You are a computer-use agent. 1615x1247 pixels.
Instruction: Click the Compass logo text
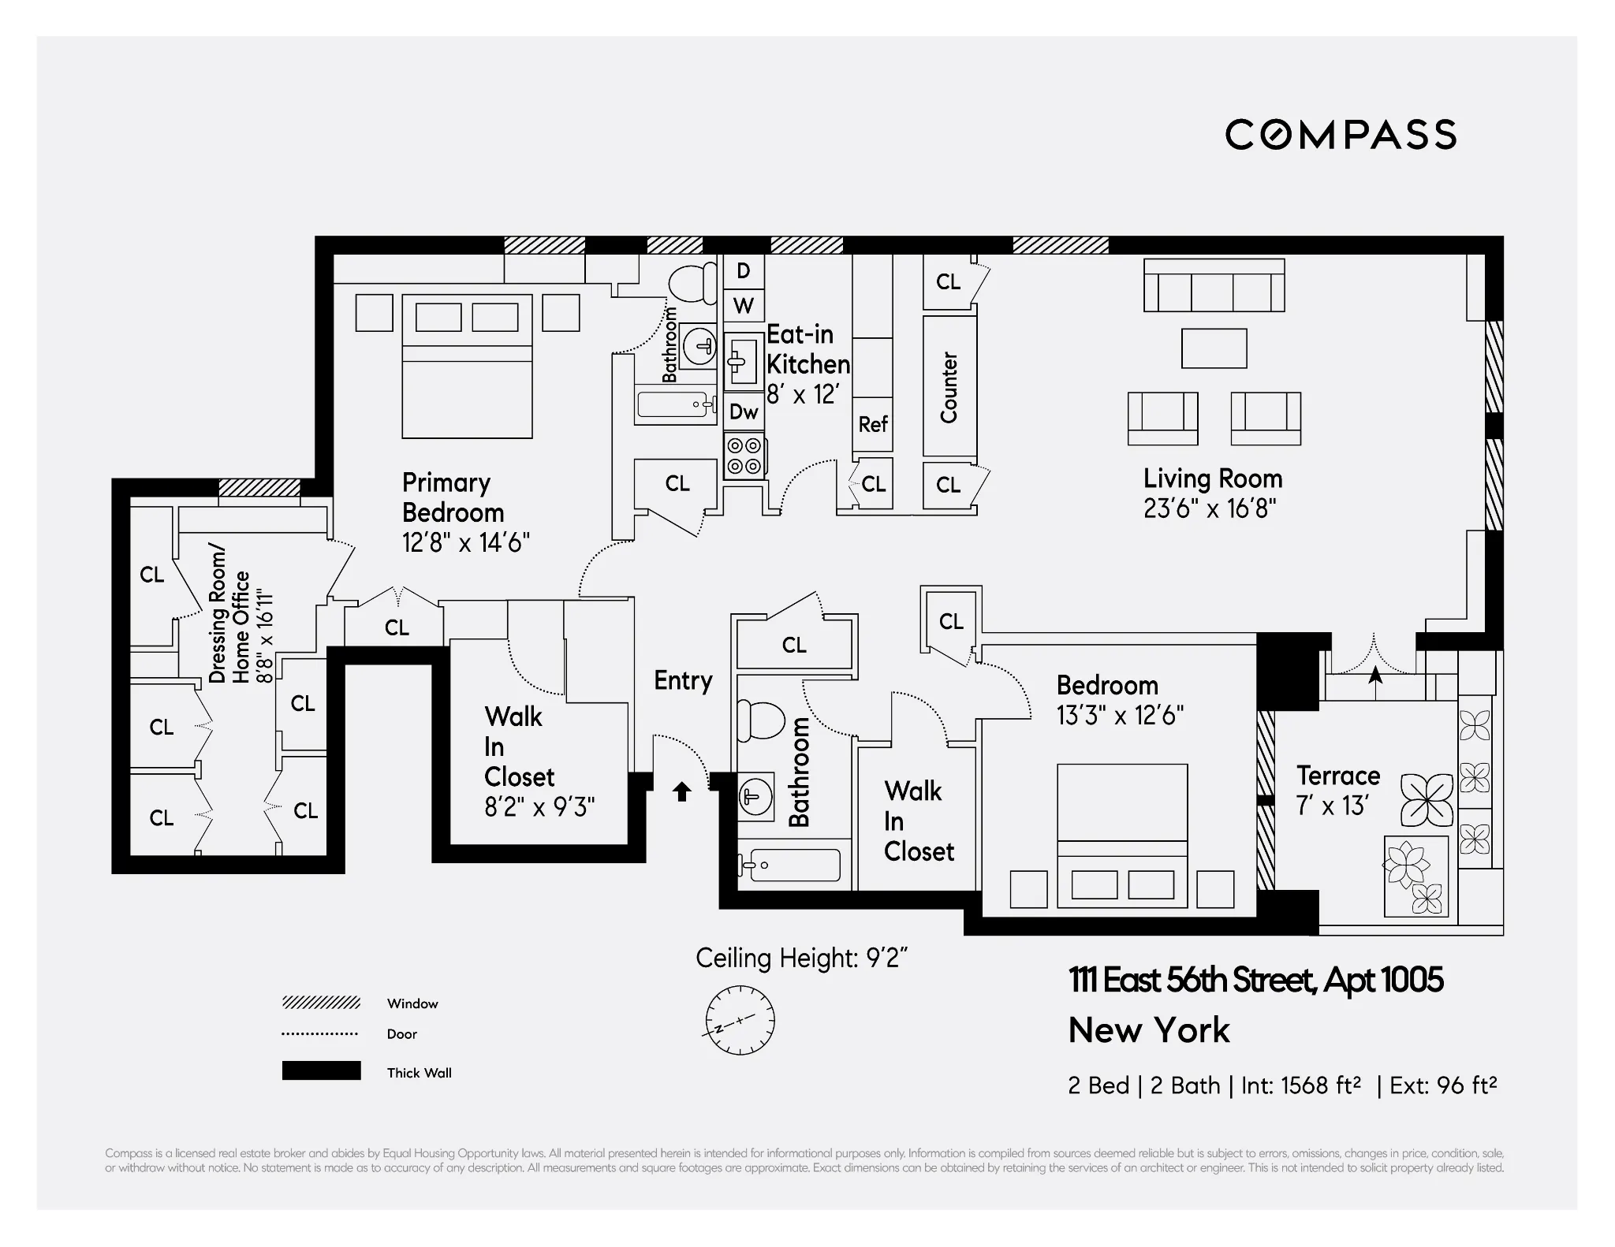click(x=1340, y=135)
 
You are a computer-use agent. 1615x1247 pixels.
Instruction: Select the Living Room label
click(x=1212, y=479)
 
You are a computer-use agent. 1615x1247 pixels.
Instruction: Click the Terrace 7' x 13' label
click(x=1337, y=791)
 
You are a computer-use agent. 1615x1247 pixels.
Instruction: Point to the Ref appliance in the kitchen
click(x=872, y=425)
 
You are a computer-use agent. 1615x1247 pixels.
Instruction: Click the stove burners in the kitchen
click(x=744, y=456)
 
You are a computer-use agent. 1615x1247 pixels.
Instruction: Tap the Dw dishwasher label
click(x=744, y=411)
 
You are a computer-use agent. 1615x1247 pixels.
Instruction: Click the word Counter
click(x=949, y=388)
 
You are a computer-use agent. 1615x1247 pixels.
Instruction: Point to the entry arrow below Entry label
click(x=682, y=791)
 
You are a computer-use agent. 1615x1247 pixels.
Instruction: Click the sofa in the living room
click(x=1214, y=286)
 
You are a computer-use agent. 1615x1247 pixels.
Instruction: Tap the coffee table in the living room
click(x=1214, y=348)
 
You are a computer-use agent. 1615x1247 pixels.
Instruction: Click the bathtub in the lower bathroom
click(x=793, y=865)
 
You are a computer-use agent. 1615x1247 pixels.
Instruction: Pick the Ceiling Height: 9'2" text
click(x=801, y=959)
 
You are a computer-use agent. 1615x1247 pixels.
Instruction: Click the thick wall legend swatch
click(x=321, y=1070)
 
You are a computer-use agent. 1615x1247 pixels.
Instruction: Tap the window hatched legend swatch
click(x=321, y=1003)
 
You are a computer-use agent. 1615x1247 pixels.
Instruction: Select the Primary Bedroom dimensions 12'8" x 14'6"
click(x=465, y=543)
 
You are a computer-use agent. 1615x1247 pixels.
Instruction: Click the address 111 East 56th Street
click(x=1255, y=981)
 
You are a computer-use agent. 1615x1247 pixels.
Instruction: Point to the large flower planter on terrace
click(x=1426, y=799)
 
